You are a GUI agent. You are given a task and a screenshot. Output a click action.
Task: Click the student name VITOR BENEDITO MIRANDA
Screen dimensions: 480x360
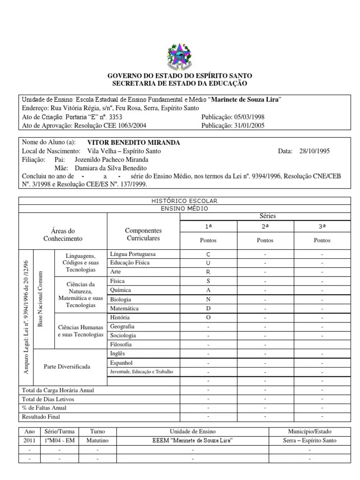(x=134, y=142)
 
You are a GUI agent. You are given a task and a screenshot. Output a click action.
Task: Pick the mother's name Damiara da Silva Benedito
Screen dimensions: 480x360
(x=107, y=168)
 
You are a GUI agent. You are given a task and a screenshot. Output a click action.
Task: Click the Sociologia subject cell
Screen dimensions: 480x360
(x=123, y=335)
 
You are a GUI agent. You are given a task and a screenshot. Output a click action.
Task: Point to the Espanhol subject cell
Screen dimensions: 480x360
(x=121, y=362)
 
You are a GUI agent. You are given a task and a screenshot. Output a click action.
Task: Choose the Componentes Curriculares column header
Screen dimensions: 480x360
(x=143, y=234)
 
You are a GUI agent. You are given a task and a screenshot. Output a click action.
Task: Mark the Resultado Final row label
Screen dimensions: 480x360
(x=41, y=416)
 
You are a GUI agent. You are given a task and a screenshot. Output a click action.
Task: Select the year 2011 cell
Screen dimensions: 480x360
(x=29, y=441)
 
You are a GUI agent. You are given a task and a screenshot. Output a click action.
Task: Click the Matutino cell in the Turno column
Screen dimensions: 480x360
(x=97, y=441)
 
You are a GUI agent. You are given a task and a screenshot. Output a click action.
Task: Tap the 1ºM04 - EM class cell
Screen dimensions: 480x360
(x=60, y=441)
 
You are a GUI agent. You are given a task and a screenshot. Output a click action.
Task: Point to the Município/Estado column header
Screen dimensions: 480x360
(x=310, y=431)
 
